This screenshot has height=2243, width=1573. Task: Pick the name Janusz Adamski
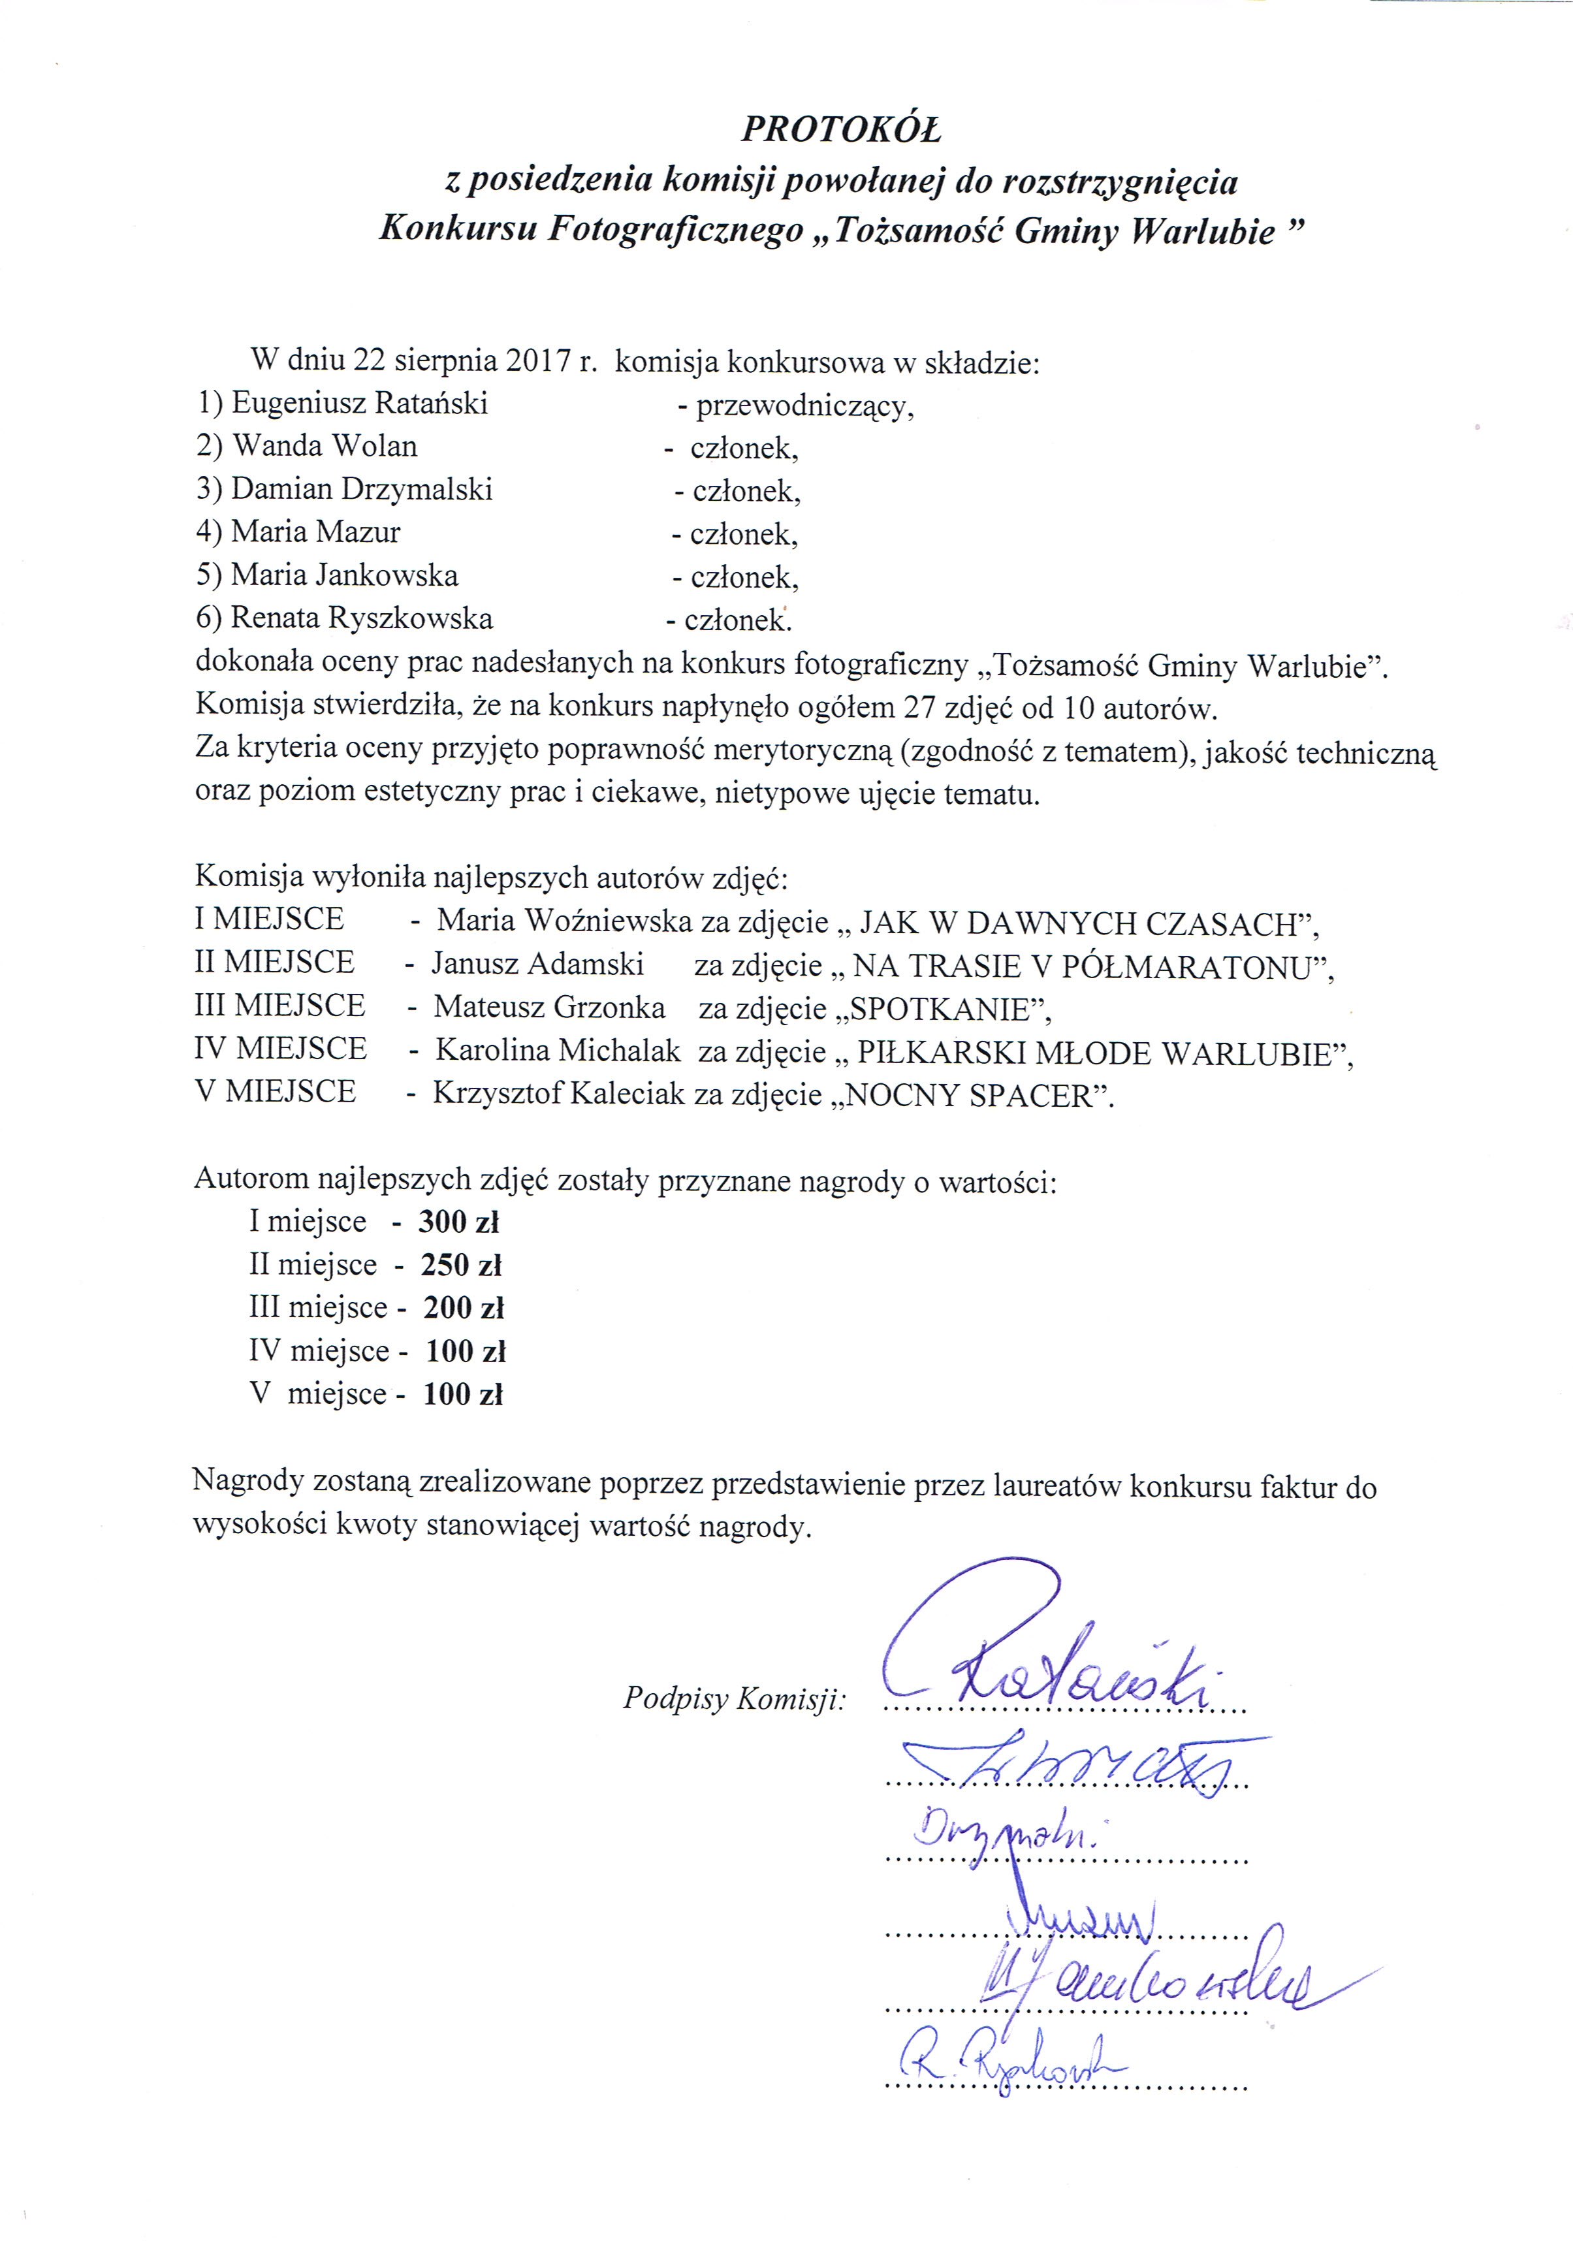click(538, 965)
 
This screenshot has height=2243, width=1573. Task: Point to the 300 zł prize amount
click(459, 1222)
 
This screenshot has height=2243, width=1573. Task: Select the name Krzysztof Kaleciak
click(559, 1094)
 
